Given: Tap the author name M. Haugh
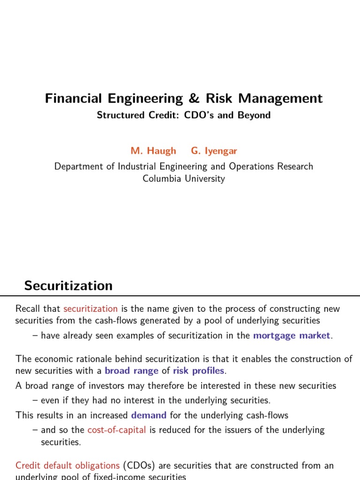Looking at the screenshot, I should pos(153,150).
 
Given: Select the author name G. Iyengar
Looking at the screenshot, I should pos(214,150).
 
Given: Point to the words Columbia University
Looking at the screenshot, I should pos(184,179).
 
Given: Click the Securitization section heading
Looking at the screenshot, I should pos(68,285).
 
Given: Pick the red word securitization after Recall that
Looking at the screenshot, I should pos(90,308).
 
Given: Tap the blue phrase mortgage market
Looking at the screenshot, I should pos(292,335).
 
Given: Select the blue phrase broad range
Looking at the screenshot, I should pos(132,371).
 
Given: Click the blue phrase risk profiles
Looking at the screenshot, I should pos(199,371).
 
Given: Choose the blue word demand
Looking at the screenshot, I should pos(149,415).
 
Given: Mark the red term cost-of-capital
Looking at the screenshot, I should pos(117,430).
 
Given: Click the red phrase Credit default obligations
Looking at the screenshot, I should pos(67,465).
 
